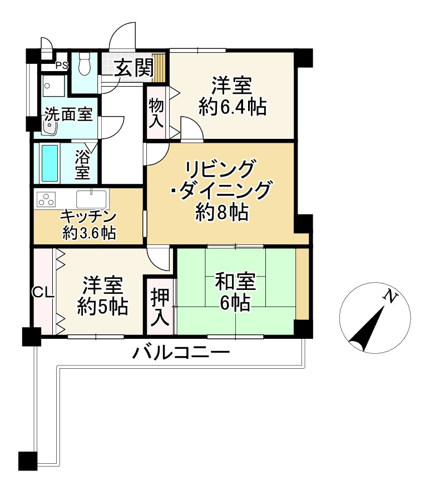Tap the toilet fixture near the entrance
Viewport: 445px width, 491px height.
85,64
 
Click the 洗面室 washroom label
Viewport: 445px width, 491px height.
68,115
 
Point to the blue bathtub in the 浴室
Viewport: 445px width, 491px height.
50,163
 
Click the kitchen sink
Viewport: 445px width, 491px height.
91,199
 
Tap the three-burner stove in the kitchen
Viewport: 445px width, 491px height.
46,199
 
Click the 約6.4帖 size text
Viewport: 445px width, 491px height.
233,106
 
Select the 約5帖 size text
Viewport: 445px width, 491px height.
102,306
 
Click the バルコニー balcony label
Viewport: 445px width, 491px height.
181,352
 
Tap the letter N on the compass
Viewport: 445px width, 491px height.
391,297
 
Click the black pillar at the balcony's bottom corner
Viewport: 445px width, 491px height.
27,460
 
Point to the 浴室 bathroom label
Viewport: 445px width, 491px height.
82,163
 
